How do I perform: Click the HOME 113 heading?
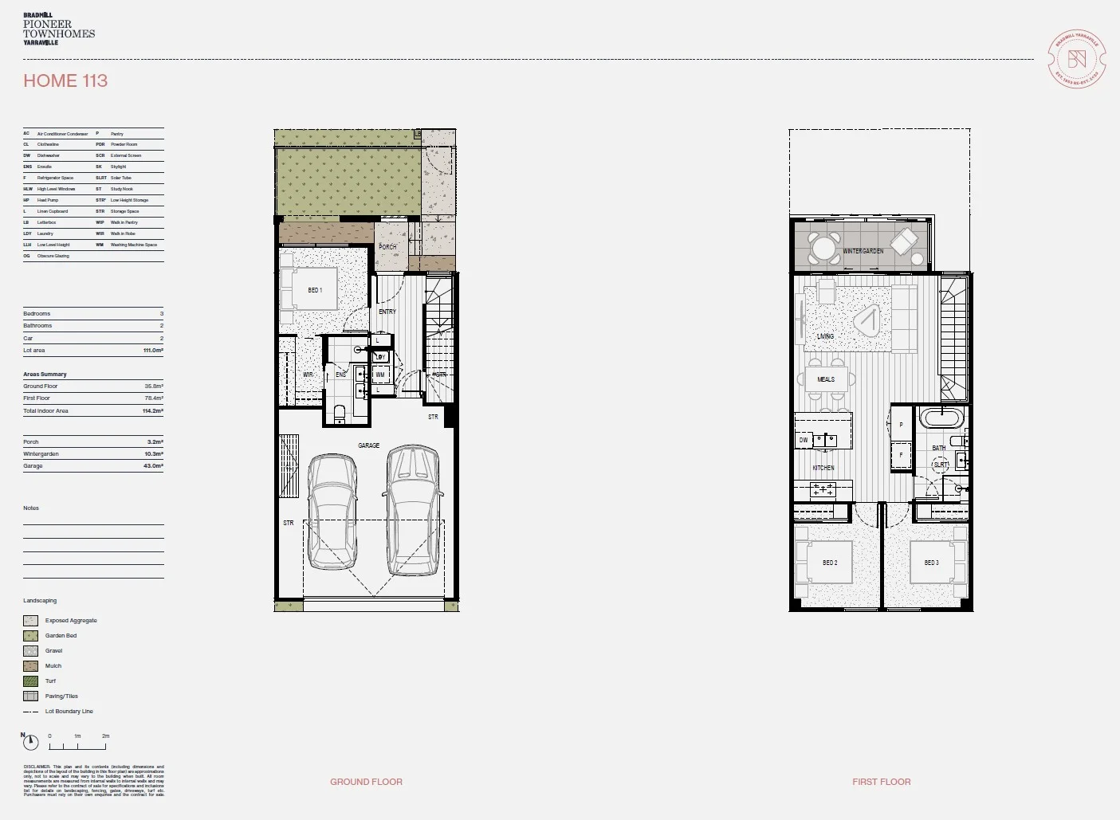pyautogui.click(x=65, y=80)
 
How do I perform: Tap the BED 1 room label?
pyautogui.click(x=315, y=290)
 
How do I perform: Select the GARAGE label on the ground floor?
pyautogui.click(x=368, y=445)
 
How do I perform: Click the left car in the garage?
pyautogui.click(x=332, y=512)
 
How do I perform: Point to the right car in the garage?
pyautogui.click(x=413, y=510)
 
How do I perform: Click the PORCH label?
pyautogui.click(x=387, y=247)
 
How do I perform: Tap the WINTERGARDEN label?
pyautogui.click(x=863, y=251)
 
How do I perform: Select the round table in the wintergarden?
pyautogui.click(x=825, y=248)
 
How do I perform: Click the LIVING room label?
pyautogui.click(x=825, y=336)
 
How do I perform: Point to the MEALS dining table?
pyautogui.click(x=826, y=379)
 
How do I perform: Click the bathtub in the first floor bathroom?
pyautogui.click(x=941, y=418)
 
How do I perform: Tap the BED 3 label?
pyautogui.click(x=931, y=563)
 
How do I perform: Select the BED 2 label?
pyautogui.click(x=830, y=563)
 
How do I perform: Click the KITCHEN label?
pyautogui.click(x=823, y=468)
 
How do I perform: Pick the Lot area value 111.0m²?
pyautogui.click(x=153, y=351)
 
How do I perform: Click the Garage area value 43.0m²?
pyautogui.click(x=153, y=466)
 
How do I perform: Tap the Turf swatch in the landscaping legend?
pyautogui.click(x=31, y=681)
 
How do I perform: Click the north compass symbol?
pyautogui.click(x=30, y=743)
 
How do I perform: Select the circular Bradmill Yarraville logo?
pyautogui.click(x=1077, y=59)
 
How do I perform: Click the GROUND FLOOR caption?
pyautogui.click(x=366, y=782)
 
